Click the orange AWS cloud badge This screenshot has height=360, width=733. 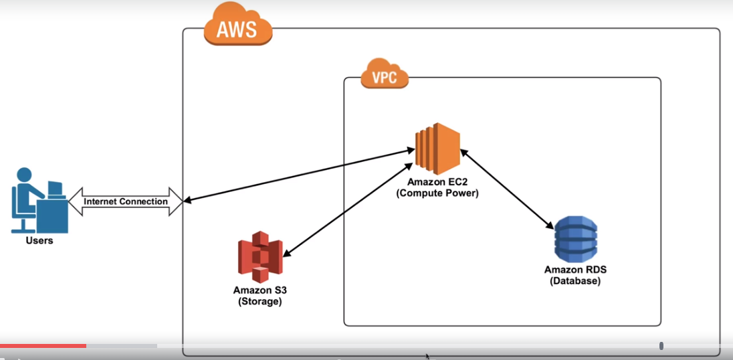tap(238, 27)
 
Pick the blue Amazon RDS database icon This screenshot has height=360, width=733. tap(575, 239)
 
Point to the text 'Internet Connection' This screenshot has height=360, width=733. tap(126, 201)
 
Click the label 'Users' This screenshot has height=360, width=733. tap(39, 240)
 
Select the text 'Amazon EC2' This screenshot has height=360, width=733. tap(437, 183)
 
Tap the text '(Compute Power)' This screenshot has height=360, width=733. tap(437, 193)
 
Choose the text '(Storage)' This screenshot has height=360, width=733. tap(260, 301)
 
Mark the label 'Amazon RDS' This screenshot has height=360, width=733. tap(575, 270)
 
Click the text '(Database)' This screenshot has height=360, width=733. tap(575, 281)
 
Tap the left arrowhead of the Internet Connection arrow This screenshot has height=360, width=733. tap(74, 201)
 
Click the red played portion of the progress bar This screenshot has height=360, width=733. tap(43, 345)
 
